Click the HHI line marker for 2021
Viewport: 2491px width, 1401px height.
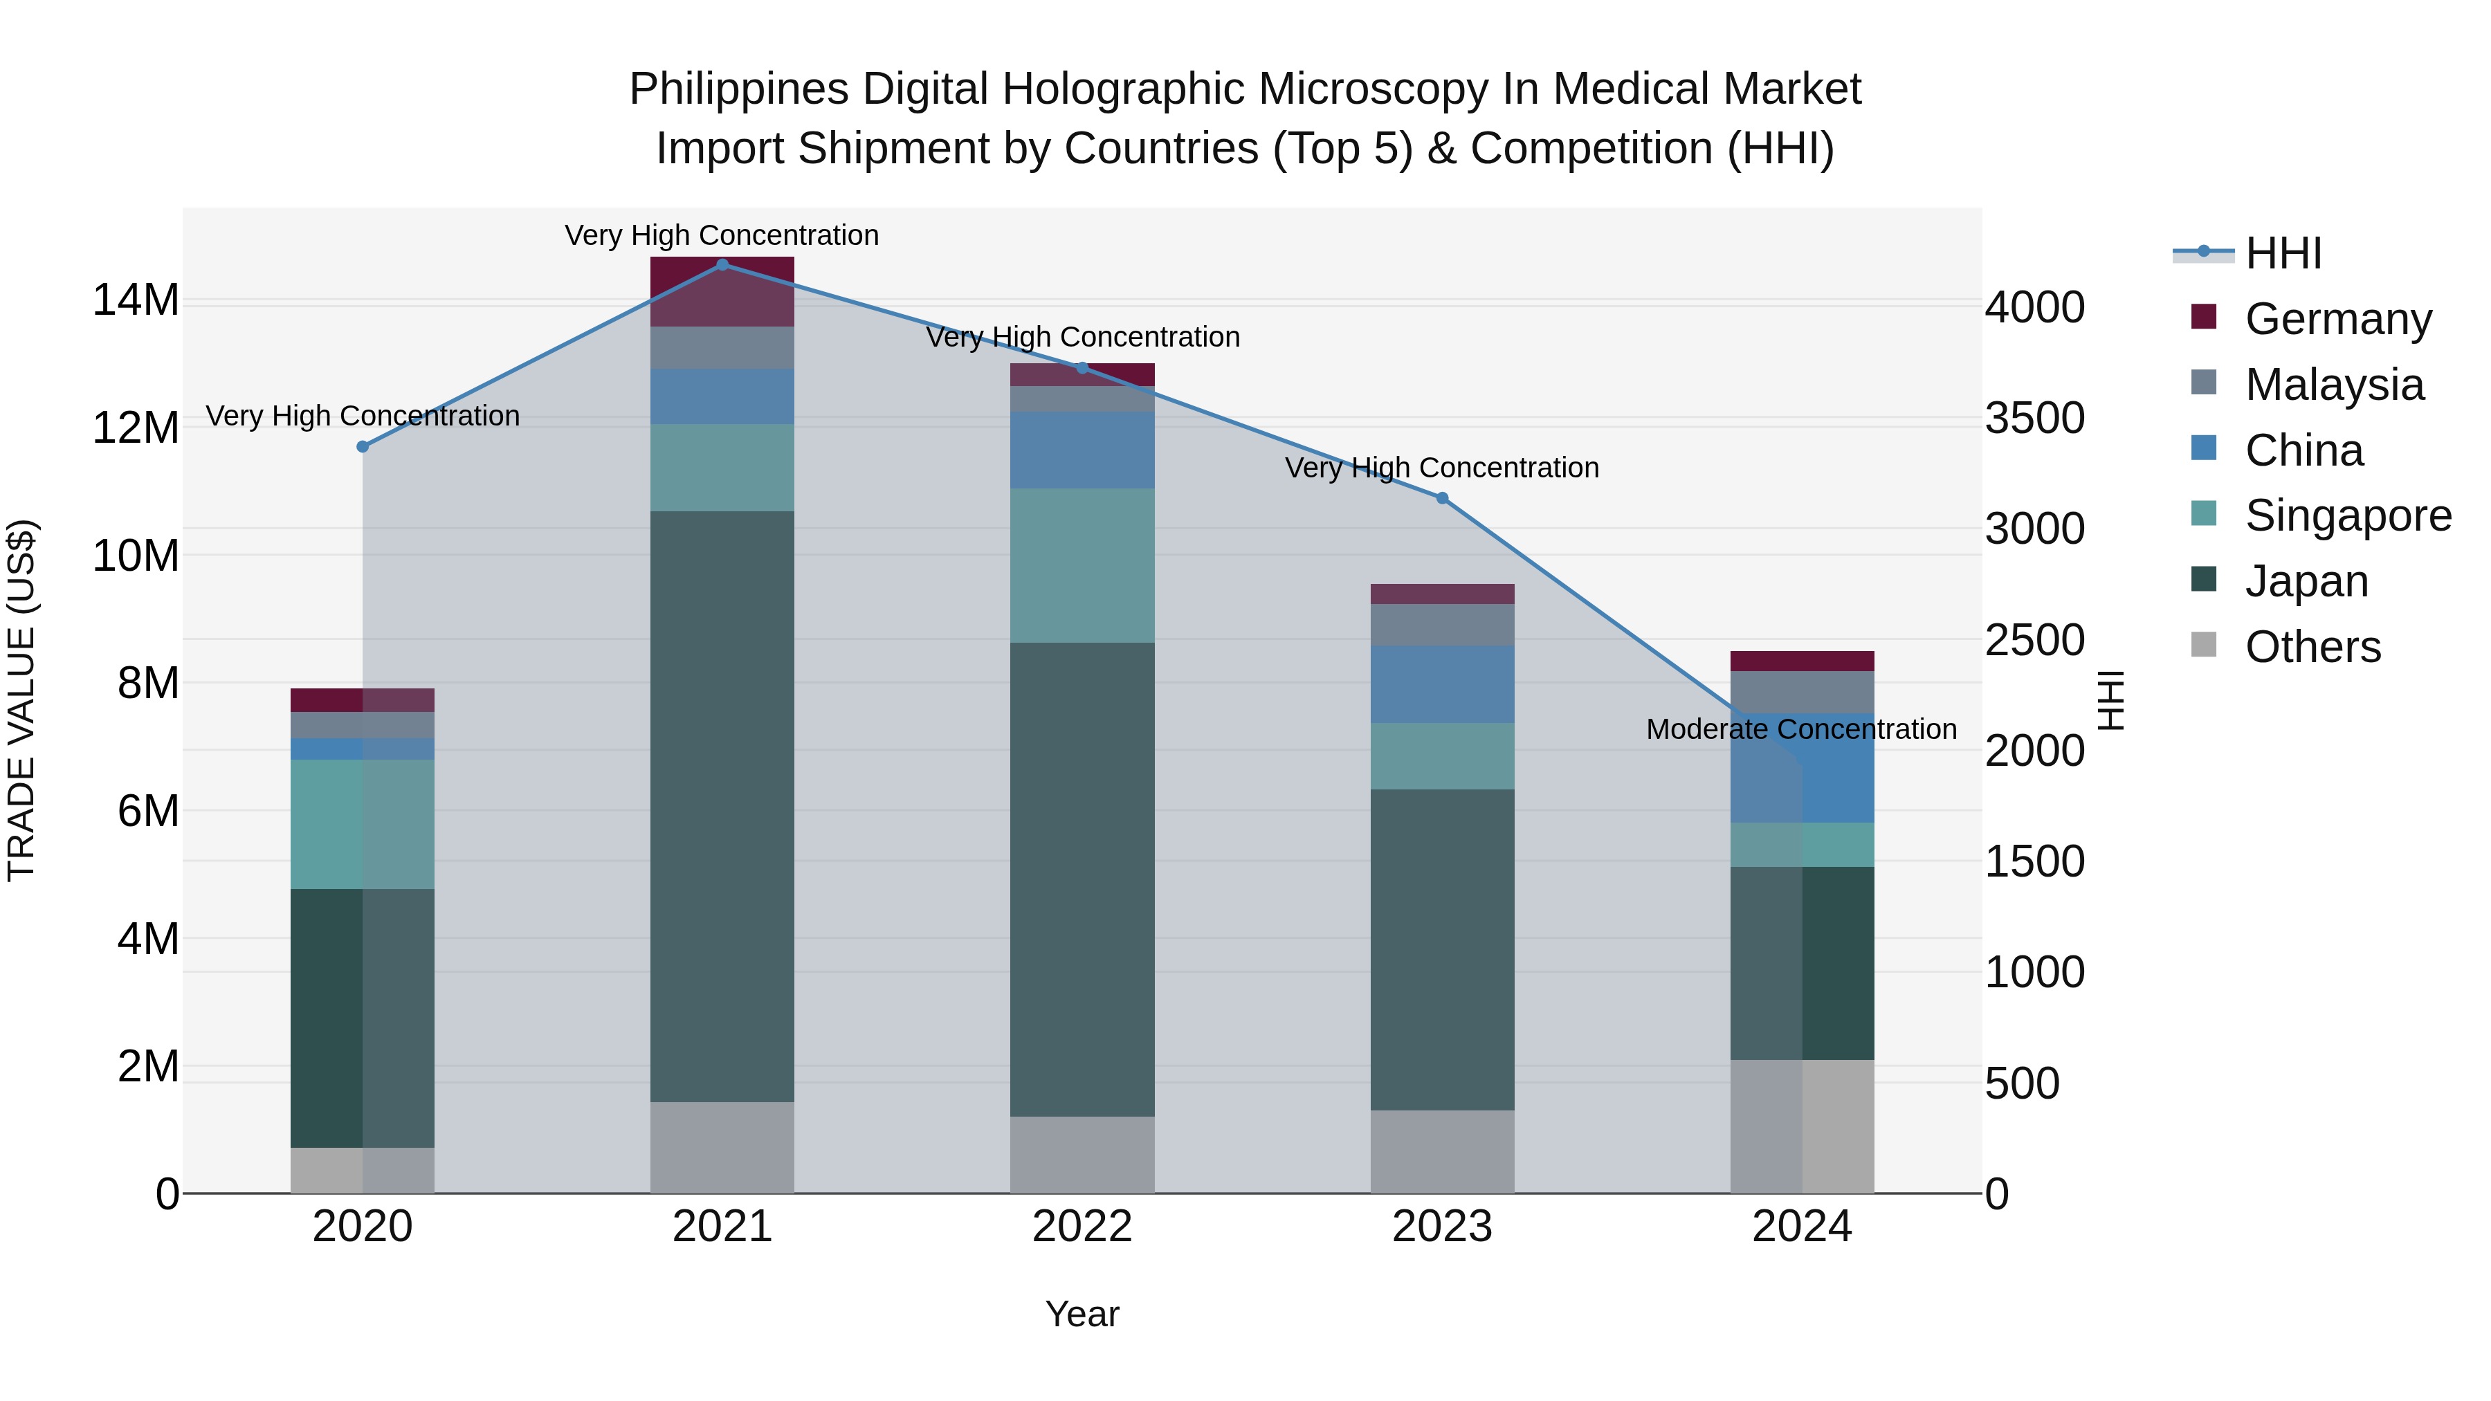point(722,265)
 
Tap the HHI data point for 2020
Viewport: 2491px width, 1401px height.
point(363,447)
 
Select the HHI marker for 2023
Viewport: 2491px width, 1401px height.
point(1442,498)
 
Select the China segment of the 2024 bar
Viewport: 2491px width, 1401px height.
point(1802,768)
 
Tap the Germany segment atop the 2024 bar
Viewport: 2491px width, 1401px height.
point(1802,661)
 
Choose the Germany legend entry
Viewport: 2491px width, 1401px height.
point(2337,319)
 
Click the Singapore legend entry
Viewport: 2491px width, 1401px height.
point(2347,515)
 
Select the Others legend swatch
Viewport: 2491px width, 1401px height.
point(2204,645)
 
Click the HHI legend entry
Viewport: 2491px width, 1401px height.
point(2282,253)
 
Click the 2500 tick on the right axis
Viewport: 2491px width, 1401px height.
point(2034,640)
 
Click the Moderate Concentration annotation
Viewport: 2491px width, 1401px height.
point(1800,729)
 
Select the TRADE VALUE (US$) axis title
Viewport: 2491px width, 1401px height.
point(21,700)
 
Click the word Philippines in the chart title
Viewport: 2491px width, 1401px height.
point(739,90)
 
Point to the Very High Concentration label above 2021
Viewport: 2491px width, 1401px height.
point(722,236)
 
